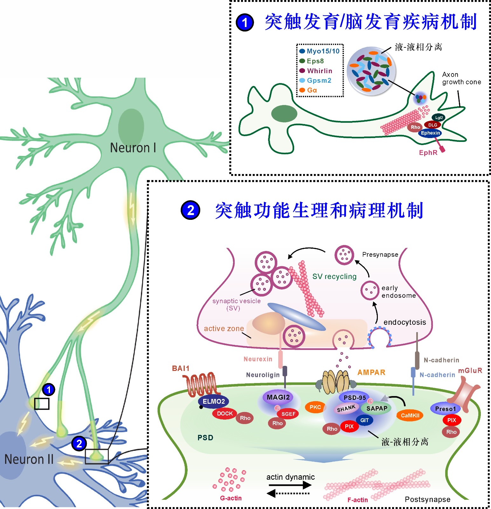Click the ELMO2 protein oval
click(x=214, y=401)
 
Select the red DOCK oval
click(x=225, y=414)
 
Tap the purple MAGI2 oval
click(x=278, y=397)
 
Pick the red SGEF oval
click(x=288, y=414)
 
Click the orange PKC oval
click(x=315, y=407)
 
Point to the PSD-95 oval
click(x=355, y=398)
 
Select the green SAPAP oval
click(x=377, y=408)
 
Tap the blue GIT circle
click(x=364, y=420)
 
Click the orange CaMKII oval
click(x=410, y=415)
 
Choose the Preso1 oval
click(x=445, y=409)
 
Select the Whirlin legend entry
click(x=319, y=71)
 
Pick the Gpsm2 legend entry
click(x=319, y=80)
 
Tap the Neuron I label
click(x=133, y=148)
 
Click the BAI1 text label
click(x=181, y=368)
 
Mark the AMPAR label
click(x=371, y=373)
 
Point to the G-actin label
click(x=231, y=498)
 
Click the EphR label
click(x=428, y=153)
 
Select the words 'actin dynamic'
click(x=290, y=477)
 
